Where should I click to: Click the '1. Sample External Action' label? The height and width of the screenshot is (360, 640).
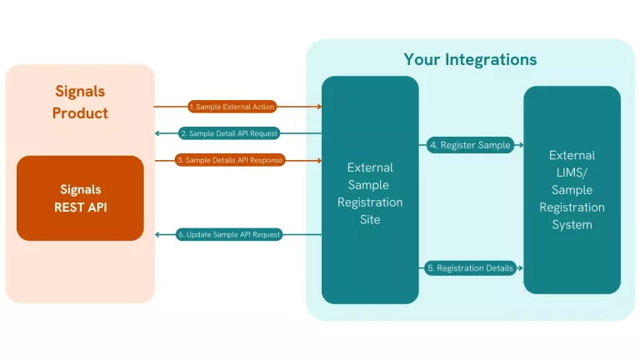[x=232, y=107]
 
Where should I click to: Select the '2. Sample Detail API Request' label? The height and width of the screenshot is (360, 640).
[x=229, y=133]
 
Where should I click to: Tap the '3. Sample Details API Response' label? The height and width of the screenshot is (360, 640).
[x=231, y=160]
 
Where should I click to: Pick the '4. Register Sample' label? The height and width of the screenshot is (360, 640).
[x=470, y=145]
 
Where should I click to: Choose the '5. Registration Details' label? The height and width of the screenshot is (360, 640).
[x=470, y=268]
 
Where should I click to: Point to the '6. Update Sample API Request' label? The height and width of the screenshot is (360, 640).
[x=229, y=235]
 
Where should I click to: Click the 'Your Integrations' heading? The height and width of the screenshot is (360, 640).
[x=470, y=59]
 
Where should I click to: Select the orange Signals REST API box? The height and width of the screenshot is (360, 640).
[x=80, y=198]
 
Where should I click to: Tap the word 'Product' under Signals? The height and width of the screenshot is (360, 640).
[x=80, y=113]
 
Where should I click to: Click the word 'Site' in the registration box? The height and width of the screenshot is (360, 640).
[x=370, y=220]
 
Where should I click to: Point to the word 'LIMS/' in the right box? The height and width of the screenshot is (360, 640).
[x=572, y=172]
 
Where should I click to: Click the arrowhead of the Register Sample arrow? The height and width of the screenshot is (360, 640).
[x=520, y=145]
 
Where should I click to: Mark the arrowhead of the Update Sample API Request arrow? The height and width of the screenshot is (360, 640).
[x=158, y=235]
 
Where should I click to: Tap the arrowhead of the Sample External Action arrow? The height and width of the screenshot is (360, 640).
[x=319, y=107]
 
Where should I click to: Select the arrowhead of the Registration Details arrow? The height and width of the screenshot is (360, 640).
[x=520, y=268]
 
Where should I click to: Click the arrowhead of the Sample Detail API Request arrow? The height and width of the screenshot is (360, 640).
[x=158, y=133]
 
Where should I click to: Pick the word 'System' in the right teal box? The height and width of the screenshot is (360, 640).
[x=572, y=225]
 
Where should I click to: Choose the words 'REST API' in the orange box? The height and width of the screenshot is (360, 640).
[x=80, y=207]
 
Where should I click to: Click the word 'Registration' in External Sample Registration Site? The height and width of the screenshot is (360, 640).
[x=370, y=202]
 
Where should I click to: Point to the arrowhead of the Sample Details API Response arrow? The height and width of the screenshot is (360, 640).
[x=319, y=160]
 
